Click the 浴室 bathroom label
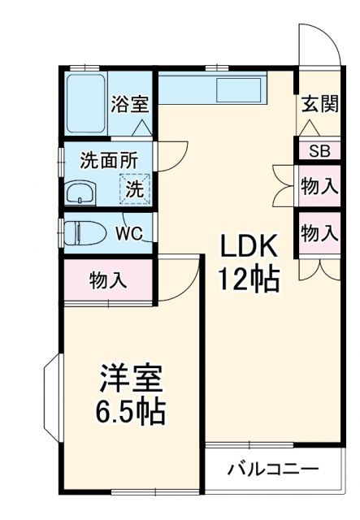130,104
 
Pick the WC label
128,234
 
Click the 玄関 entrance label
319,104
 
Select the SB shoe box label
319,151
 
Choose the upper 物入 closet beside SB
319,185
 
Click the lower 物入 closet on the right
319,233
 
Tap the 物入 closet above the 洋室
108,281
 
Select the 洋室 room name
131,379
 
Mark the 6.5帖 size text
131,412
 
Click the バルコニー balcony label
272,469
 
